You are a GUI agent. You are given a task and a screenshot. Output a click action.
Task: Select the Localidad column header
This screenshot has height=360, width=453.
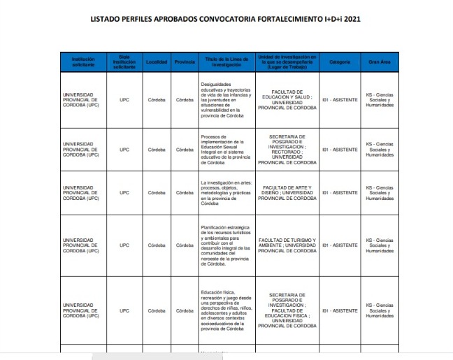(x=157, y=62)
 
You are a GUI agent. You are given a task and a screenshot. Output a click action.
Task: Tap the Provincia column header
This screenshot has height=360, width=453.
(x=185, y=62)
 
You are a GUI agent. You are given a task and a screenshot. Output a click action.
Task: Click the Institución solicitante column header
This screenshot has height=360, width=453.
(x=83, y=62)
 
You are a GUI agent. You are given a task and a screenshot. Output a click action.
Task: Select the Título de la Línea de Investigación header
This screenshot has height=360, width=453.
(x=222, y=62)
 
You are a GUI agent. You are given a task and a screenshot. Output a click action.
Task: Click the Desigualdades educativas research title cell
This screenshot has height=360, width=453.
(x=222, y=99)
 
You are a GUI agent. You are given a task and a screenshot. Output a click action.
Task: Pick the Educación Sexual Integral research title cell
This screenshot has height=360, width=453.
(x=222, y=149)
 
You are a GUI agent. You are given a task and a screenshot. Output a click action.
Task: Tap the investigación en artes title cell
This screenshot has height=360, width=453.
(x=222, y=192)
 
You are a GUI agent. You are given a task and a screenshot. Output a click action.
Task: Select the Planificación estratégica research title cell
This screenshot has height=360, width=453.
(x=222, y=245)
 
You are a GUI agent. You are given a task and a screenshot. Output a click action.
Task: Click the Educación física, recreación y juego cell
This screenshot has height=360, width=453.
(x=222, y=310)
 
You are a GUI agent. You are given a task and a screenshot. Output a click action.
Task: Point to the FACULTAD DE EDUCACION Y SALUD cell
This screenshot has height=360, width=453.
(x=287, y=99)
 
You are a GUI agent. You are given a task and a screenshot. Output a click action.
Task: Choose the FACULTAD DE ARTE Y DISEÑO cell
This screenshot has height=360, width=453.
(x=287, y=192)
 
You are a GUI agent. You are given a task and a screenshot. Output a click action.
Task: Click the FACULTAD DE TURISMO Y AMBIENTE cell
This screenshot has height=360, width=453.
(x=287, y=245)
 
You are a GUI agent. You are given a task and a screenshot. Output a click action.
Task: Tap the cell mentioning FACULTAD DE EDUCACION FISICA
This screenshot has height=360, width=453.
(x=287, y=310)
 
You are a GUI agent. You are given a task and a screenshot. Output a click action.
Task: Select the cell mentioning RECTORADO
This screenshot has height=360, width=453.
(x=287, y=149)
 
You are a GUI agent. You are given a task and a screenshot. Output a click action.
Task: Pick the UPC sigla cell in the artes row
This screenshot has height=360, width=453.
(x=124, y=192)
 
